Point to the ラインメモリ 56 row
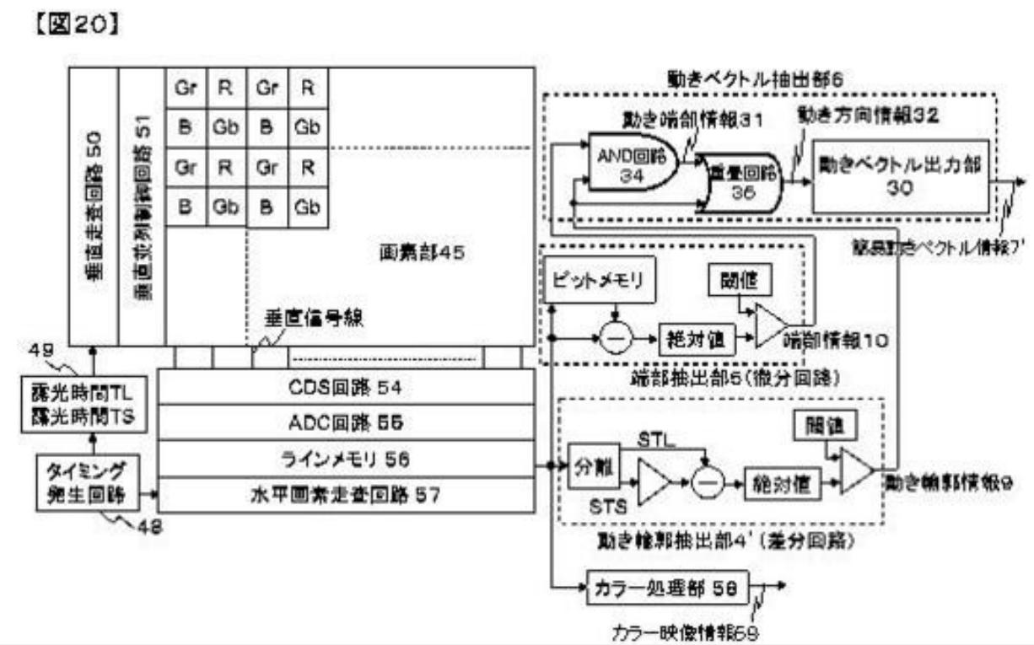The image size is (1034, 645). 346,458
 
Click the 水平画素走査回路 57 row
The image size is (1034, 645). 346,494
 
